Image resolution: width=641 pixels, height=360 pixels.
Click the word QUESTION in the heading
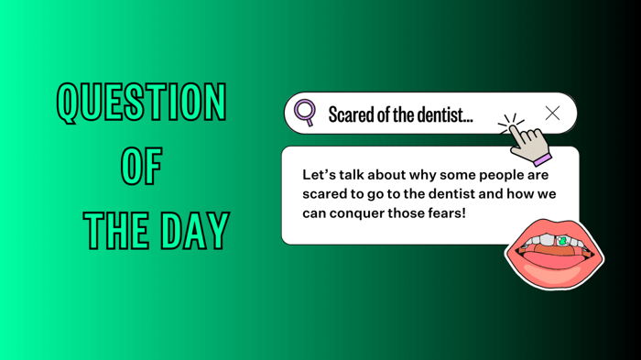141,103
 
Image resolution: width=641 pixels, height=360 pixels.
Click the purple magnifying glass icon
305,113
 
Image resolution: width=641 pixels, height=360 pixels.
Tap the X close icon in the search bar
552,113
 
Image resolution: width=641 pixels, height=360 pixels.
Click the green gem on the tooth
561,241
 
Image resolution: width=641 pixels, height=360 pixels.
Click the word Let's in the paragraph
320,174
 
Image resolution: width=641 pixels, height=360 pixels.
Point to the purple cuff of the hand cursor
542,158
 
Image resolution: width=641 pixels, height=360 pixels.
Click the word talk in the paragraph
358,174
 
